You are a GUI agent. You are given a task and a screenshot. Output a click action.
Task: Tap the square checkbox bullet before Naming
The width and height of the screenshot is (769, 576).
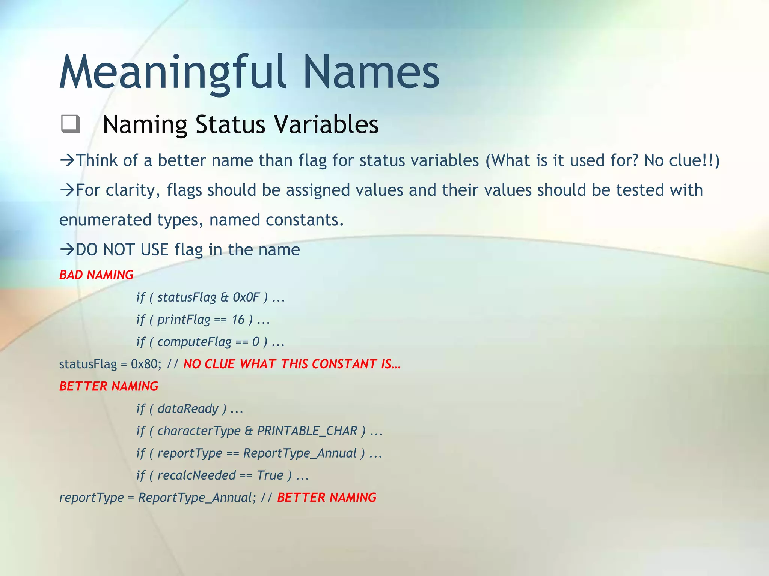point(70,124)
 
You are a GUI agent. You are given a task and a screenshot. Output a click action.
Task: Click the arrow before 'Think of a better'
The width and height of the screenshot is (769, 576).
point(68,160)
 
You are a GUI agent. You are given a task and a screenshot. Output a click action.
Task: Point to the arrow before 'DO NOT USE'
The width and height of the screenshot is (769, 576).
point(68,249)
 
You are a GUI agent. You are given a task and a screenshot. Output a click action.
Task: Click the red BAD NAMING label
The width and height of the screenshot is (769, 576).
point(97,275)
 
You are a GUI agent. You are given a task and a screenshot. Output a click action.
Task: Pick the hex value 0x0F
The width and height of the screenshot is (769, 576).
point(246,297)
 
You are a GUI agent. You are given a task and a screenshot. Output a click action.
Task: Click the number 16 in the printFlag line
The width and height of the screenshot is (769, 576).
point(238,319)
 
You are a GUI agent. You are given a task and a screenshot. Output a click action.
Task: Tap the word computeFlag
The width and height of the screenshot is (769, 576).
point(194,342)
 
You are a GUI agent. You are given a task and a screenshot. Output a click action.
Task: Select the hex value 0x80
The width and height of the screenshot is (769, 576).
point(146,364)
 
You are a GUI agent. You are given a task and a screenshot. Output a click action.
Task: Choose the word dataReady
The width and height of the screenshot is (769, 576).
point(188,409)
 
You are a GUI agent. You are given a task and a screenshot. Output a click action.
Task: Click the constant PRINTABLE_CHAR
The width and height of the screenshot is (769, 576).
point(307,431)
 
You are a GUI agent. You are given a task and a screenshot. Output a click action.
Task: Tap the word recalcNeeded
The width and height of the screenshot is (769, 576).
point(196,475)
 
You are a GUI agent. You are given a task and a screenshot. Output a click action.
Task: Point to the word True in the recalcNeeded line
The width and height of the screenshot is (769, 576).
point(270,475)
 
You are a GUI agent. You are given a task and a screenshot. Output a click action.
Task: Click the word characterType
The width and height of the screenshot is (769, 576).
point(199,431)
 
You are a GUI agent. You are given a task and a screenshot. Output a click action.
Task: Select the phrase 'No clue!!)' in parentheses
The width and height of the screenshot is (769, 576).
point(682,160)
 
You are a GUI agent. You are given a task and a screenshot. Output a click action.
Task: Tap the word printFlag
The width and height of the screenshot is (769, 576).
point(184,319)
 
